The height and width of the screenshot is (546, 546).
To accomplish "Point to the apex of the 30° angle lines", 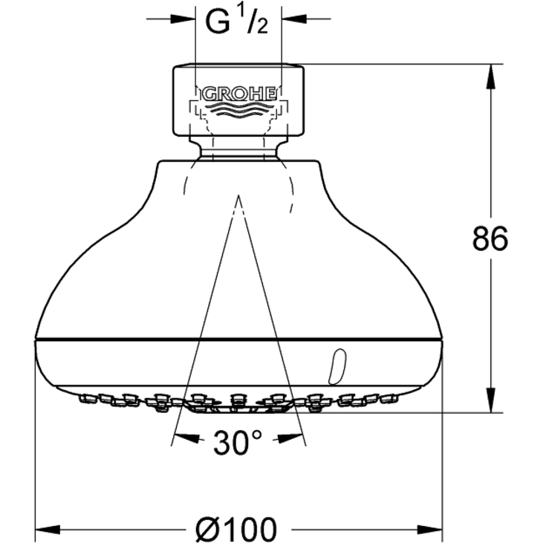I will (238, 198).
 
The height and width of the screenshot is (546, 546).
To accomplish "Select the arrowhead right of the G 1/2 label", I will (290, 19).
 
